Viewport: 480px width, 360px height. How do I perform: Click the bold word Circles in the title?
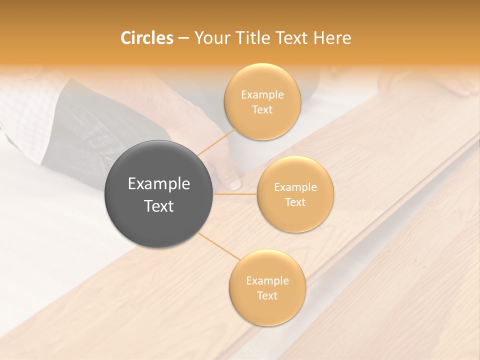pos(146,38)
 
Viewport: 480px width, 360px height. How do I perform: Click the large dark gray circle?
pos(158,194)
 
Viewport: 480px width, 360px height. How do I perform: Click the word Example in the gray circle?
pos(158,184)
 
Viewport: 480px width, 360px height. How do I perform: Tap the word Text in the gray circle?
pos(158,206)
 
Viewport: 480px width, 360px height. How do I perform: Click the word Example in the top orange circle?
pos(262,94)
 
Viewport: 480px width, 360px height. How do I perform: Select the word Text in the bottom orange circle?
pos(267,295)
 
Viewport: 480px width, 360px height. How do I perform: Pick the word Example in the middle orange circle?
pos(295,187)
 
